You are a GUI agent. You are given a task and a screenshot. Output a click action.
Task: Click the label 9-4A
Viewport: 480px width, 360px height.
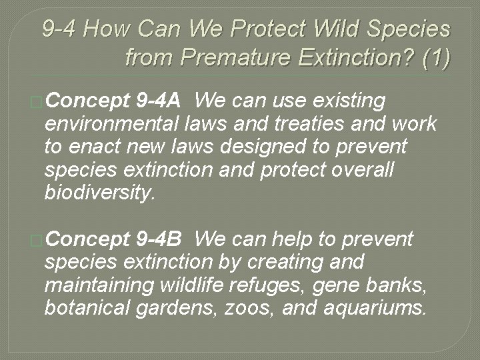tap(157, 101)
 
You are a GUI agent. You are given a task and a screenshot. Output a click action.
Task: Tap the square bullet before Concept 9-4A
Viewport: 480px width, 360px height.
tap(37, 102)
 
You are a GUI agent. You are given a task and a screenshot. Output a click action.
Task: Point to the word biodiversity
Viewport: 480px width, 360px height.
tap(99, 193)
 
